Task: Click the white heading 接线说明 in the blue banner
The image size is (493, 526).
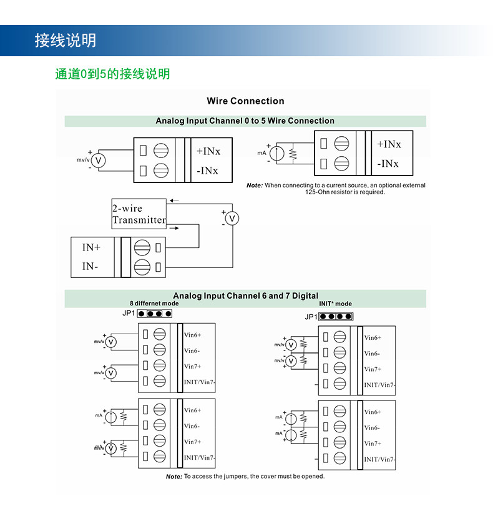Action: coord(66,41)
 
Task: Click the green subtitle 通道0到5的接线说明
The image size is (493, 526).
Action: coord(112,74)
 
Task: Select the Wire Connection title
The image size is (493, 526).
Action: coord(246,101)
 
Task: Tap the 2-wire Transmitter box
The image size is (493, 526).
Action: coord(139,214)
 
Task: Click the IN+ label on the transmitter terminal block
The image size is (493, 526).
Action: coord(91,247)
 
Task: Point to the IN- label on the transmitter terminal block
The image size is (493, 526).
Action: coord(90,266)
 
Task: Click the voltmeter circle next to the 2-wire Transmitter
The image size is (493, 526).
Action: coord(232,219)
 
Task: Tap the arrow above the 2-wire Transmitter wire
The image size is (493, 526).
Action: coord(174,201)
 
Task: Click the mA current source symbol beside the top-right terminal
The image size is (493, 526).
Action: coord(277,154)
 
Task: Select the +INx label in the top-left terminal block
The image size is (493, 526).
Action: coord(208,151)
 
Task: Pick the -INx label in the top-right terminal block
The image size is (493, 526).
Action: coord(388,164)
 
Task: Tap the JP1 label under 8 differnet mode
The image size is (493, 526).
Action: coord(129,314)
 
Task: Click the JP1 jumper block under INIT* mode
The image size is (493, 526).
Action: coord(336,316)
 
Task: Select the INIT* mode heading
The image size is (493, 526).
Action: coord(336,304)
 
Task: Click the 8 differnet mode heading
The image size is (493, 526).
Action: coord(154,303)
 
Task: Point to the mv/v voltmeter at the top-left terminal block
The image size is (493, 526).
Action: coord(99,161)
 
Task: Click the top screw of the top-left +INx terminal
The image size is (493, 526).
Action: coord(161,151)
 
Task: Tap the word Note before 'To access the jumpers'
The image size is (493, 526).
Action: coord(174,477)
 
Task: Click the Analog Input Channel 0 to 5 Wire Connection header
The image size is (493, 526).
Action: coord(245,121)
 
